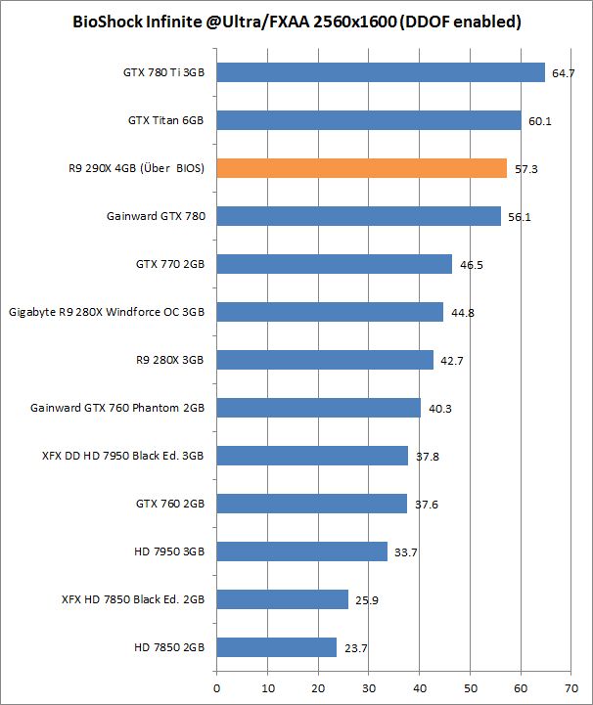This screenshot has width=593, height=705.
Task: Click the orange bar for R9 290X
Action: [361, 168]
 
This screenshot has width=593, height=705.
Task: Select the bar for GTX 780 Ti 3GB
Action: [380, 72]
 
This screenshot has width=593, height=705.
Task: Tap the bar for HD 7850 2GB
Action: [276, 647]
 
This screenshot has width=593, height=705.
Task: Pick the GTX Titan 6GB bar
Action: [368, 120]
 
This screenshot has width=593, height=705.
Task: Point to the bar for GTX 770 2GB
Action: [334, 264]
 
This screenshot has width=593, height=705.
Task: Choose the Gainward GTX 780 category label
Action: [156, 216]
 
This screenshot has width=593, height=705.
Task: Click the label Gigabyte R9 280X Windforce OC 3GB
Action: [107, 312]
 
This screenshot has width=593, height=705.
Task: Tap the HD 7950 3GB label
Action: [171, 551]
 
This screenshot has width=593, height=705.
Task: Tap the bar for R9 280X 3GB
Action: [324, 360]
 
